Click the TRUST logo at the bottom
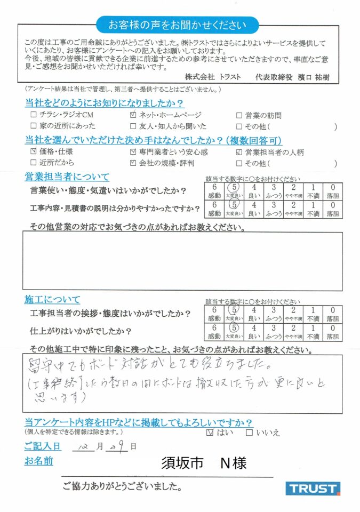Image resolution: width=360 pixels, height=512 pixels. point(313,488)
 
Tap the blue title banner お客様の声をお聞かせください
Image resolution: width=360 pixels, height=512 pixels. point(178,25)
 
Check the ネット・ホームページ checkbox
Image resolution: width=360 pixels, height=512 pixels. point(133,115)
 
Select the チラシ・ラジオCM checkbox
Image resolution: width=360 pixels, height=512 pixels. point(34,115)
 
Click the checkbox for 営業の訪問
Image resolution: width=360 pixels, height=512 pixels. point(239,115)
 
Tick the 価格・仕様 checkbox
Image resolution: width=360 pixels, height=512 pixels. point(34,153)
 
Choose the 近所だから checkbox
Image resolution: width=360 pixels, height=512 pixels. point(34,163)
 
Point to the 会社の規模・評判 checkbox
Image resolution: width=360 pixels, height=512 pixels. point(133,163)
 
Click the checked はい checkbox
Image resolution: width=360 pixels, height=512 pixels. point(210,433)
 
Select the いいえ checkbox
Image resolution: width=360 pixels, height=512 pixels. point(249,433)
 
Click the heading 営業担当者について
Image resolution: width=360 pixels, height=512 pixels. point(67,177)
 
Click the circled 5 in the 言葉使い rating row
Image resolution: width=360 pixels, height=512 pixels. point(233,189)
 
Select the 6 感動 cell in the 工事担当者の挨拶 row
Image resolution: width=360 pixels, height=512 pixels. point(214,313)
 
